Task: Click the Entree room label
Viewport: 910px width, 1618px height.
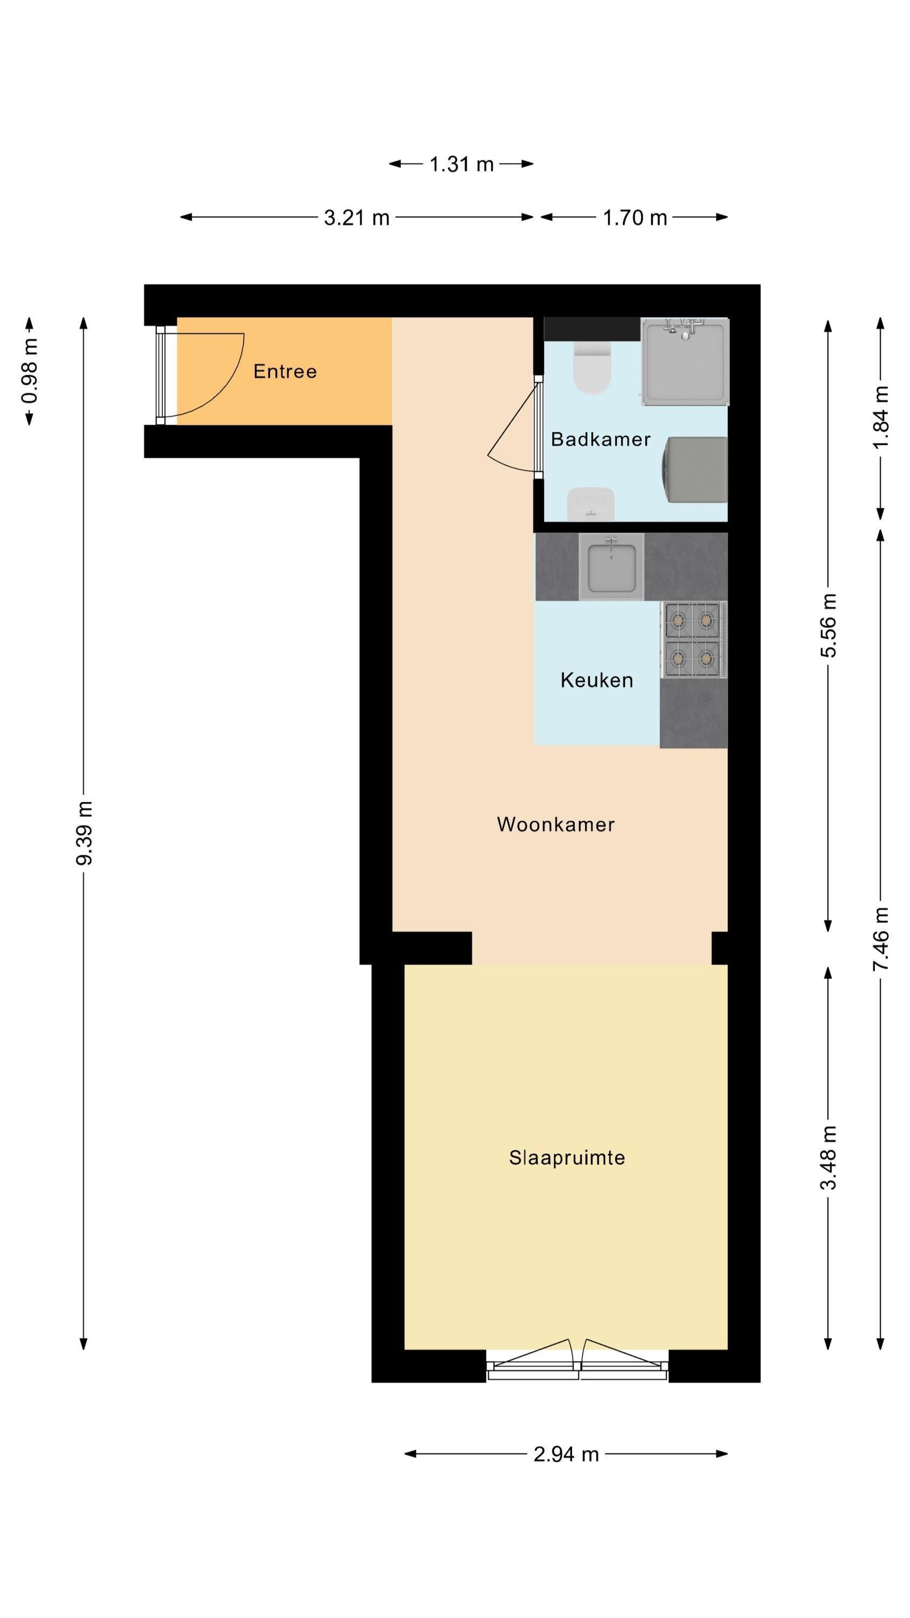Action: (285, 371)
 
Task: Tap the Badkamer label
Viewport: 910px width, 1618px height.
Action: (601, 439)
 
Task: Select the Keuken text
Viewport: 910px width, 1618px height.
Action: (597, 680)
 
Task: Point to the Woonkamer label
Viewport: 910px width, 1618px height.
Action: (556, 824)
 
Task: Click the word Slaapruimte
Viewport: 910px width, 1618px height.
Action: (567, 1157)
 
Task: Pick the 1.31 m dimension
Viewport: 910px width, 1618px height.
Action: (461, 164)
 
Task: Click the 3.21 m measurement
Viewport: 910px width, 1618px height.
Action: (357, 217)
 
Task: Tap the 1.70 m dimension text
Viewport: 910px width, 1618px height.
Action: (635, 217)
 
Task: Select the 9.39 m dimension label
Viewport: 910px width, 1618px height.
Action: (84, 833)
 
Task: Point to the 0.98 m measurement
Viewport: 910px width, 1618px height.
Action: (29, 371)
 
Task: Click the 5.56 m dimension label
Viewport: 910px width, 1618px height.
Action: (829, 625)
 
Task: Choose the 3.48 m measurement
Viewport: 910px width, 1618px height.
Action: (829, 1157)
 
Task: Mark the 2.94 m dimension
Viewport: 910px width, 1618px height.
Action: (566, 1454)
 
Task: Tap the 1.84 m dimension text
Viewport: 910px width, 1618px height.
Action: (880, 417)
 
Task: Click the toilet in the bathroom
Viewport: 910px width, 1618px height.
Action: (591, 367)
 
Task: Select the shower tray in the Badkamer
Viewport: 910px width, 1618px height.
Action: (685, 362)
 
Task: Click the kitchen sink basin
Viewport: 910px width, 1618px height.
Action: (611, 567)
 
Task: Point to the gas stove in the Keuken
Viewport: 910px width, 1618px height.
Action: (693, 640)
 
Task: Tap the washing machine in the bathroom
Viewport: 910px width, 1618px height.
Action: (694, 470)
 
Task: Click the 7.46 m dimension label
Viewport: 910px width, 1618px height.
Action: (880, 939)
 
